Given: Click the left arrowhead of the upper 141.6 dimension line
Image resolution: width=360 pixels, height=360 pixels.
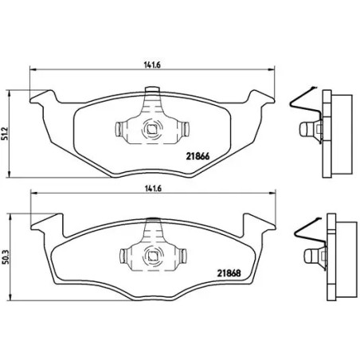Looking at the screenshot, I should (33, 74).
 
